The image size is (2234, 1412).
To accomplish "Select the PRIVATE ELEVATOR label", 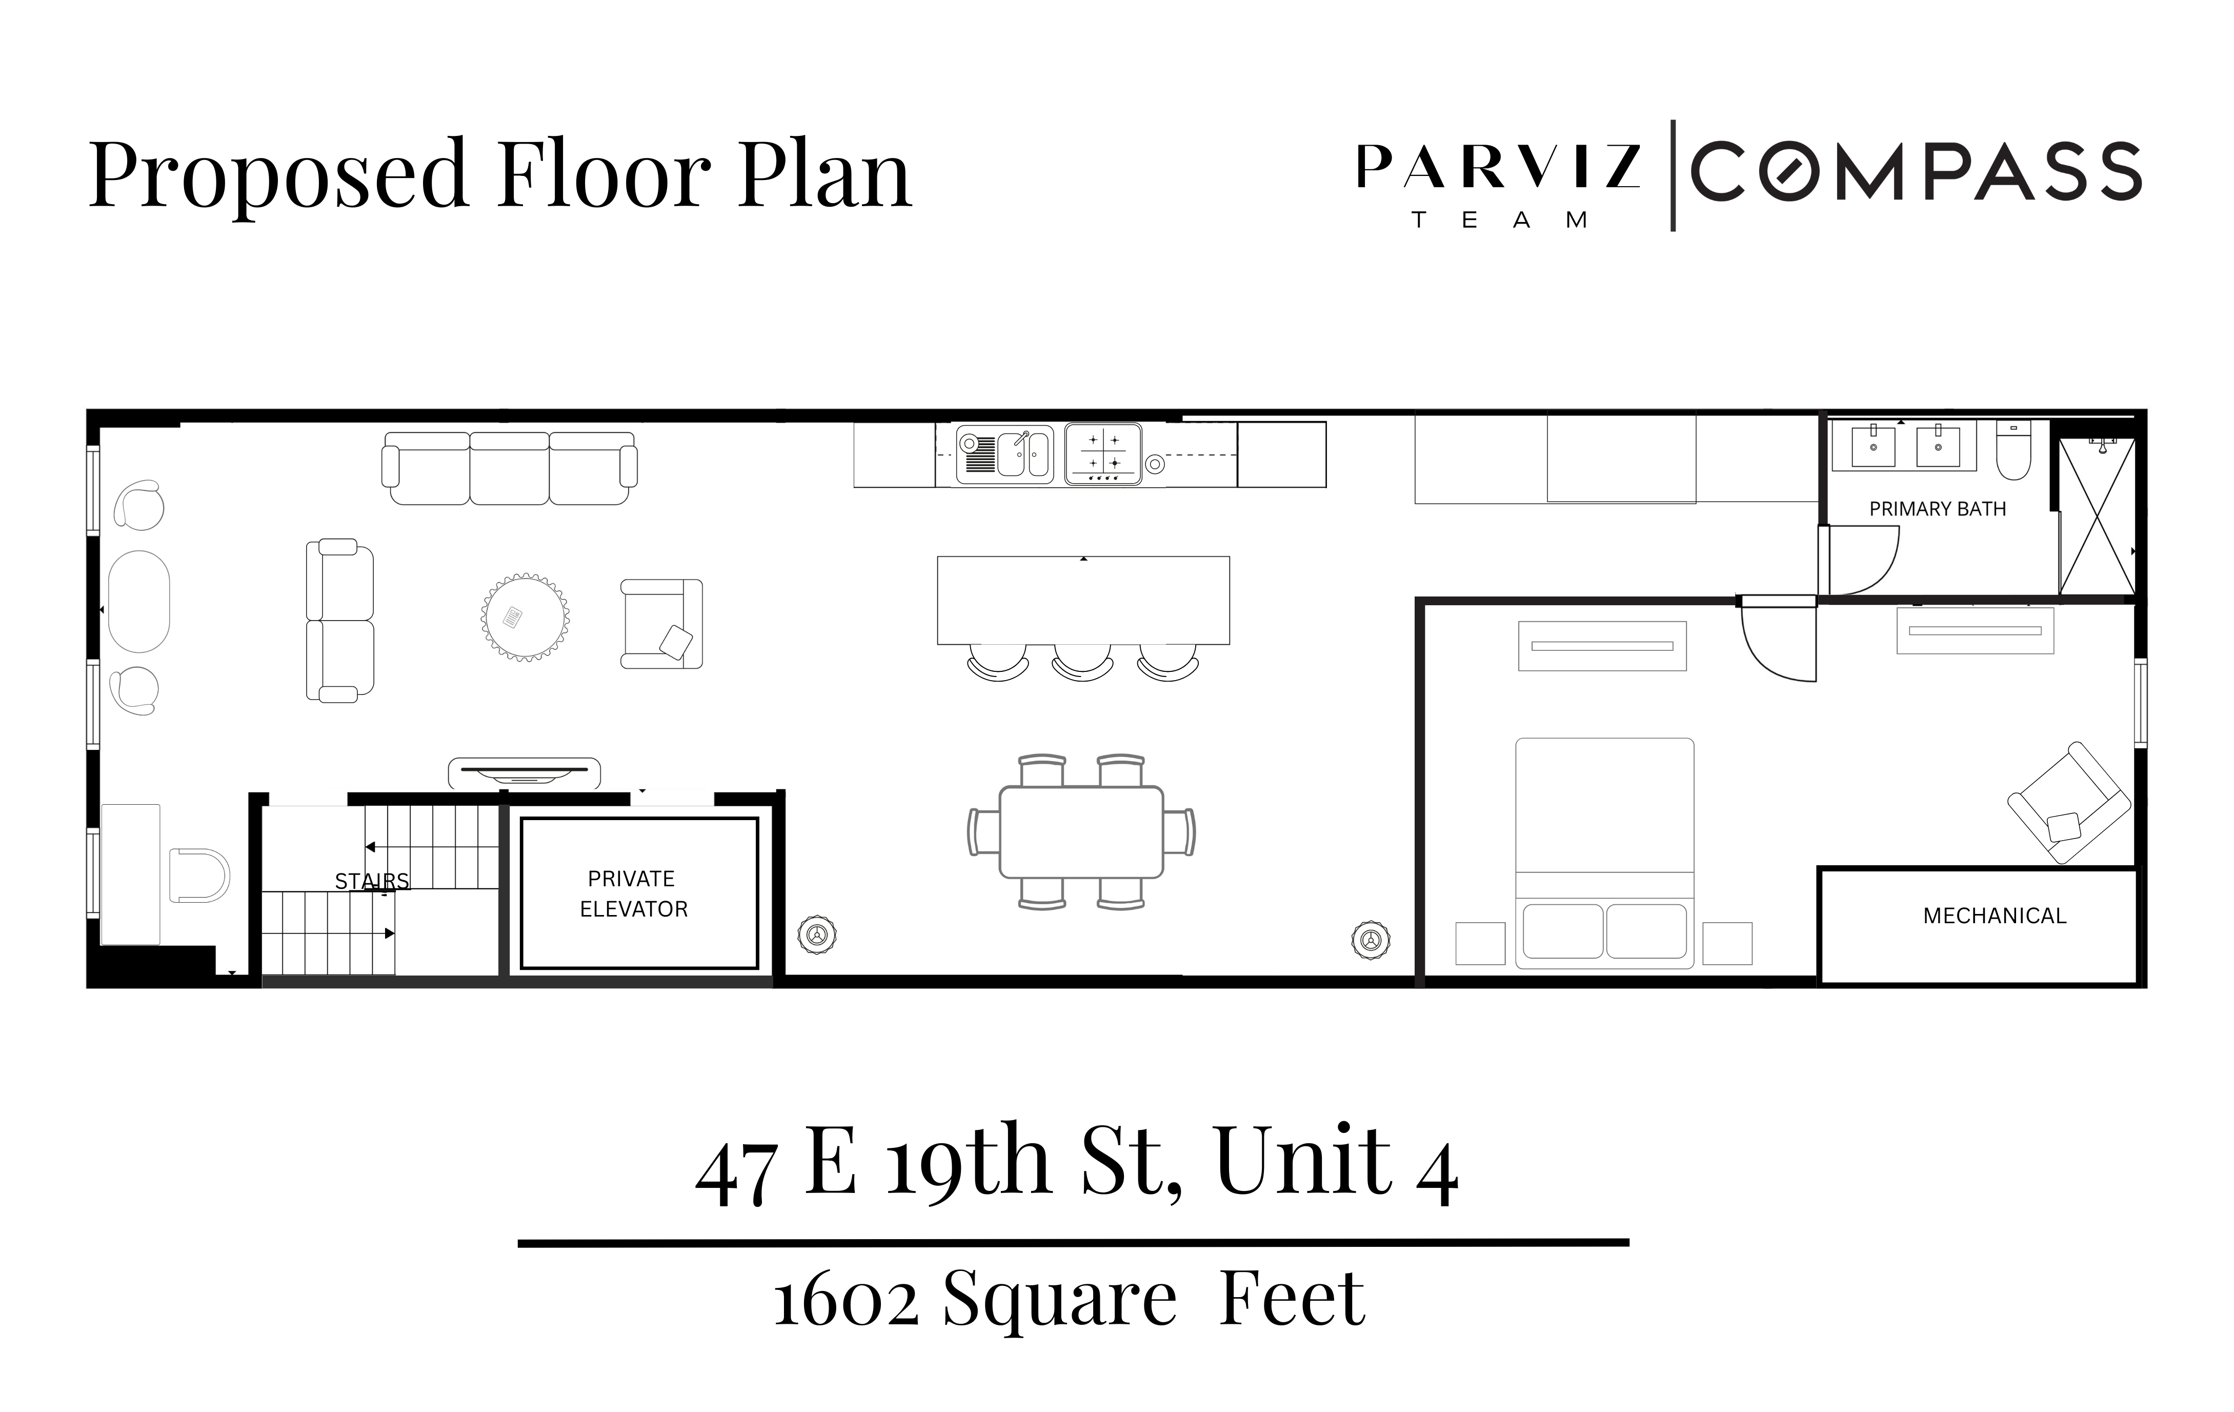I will click(x=634, y=893).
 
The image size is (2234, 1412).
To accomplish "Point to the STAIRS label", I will click(x=371, y=881).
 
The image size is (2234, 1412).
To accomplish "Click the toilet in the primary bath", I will click(x=2013, y=451).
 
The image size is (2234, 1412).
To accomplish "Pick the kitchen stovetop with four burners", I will click(x=1102, y=454).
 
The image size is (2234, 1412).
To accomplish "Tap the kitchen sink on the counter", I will click(x=1005, y=454).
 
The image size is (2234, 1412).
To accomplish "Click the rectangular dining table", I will click(x=1081, y=831).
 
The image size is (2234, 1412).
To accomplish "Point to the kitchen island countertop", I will click(x=1083, y=599).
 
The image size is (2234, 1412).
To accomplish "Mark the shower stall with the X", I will click(x=2096, y=517).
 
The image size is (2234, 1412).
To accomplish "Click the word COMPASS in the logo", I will click(x=1915, y=172).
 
